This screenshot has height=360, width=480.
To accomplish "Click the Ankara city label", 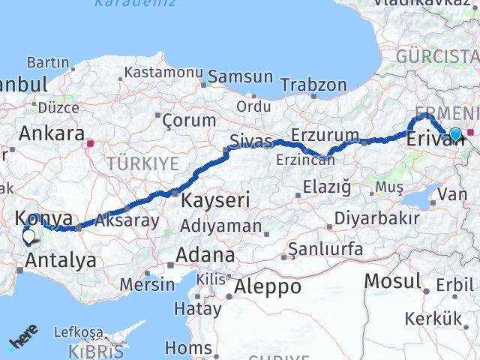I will tap(51, 134).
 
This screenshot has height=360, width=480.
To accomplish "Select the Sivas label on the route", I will tap(250, 140).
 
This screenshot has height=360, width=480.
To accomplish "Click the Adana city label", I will tap(205, 255).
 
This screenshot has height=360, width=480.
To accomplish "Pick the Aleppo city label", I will tap(268, 286).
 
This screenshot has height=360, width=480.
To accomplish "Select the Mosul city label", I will tap(392, 281).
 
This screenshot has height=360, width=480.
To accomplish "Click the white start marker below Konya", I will tap(28, 238).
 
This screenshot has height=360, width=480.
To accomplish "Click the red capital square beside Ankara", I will tap(91, 142).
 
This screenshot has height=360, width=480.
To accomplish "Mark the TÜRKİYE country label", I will tap(142, 163).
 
